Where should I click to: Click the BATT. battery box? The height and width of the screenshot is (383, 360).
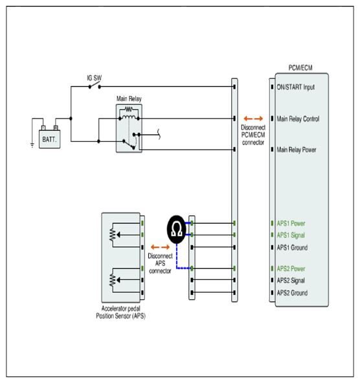[x=50, y=139]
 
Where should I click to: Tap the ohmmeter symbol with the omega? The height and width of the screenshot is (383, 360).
[x=177, y=229]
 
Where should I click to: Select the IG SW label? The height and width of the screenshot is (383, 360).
[x=95, y=78]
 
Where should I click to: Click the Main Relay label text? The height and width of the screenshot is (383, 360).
[x=129, y=99]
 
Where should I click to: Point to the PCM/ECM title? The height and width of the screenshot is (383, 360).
[x=300, y=67]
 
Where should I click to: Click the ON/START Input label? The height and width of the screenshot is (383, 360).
[x=295, y=87]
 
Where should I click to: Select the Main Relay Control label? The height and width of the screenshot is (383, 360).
[x=298, y=119]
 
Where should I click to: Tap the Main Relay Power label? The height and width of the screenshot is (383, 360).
[x=297, y=150]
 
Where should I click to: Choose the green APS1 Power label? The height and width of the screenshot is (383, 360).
[x=291, y=223]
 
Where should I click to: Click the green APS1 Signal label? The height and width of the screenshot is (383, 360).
[x=291, y=235]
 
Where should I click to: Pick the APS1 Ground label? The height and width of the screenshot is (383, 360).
[x=292, y=248]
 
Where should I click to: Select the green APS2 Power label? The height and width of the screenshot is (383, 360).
[x=291, y=269]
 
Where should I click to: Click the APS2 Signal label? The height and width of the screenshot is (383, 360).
[x=291, y=281]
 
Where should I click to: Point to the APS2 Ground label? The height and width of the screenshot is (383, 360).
[x=292, y=293]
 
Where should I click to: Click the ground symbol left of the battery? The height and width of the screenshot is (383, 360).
[x=32, y=145]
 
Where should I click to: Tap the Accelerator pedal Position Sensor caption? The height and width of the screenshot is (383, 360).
[x=120, y=312]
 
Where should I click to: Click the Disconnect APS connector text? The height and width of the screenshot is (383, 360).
[x=160, y=263]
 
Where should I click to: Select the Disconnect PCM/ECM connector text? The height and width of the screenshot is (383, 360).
[x=253, y=135]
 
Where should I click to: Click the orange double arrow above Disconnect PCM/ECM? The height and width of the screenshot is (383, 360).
[x=253, y=119]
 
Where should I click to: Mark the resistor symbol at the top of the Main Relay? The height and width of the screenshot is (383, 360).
[x=129, y=109]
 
